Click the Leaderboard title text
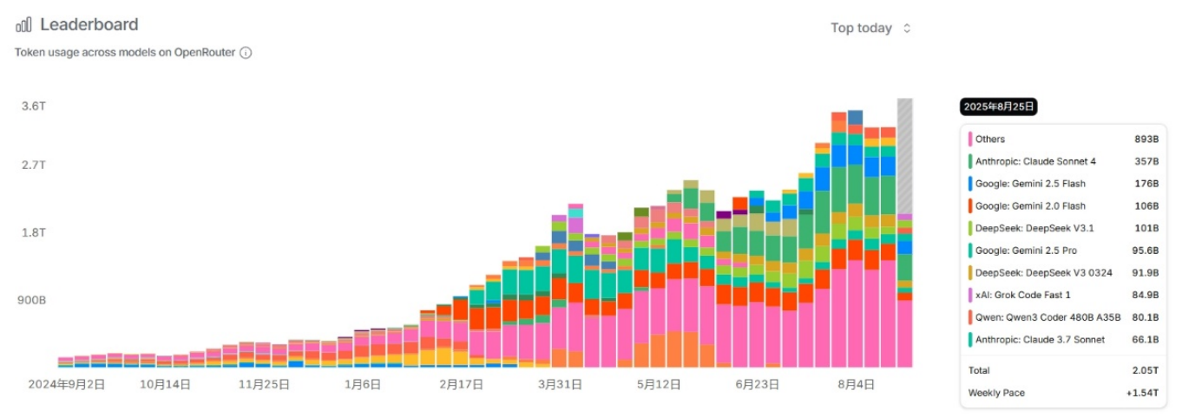(89, 24)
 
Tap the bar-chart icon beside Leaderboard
(23, 24)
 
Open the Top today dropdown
(870, 28)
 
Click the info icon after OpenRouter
(246, 52)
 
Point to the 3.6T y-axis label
(34, 106)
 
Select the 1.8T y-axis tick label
(34, 232)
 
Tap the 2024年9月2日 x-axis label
(67, 383)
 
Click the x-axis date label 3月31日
(560, 383)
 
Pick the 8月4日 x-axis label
(857, 383)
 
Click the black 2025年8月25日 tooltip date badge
(998, 107)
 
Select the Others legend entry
(989, 139)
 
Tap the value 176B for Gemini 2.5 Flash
(1146, 184)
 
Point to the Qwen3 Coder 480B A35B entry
(1035, 317)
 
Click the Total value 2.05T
(1145, 370)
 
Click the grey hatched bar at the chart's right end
(904, 156)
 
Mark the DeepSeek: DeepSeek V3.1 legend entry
(1024, 228)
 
